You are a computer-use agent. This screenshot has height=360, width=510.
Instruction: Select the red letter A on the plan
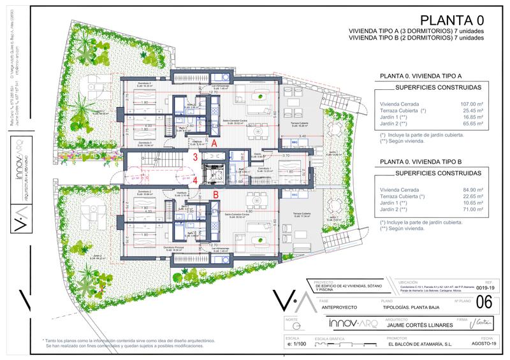(x=215, y=144)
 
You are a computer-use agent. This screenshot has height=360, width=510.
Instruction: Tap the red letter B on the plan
(x=215, y=194)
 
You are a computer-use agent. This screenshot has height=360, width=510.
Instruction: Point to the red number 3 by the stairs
(x=196, y=157)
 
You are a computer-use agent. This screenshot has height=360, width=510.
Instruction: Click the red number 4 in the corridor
(x=196, y=180)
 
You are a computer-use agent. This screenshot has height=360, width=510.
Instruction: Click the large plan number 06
(x=484, y=301)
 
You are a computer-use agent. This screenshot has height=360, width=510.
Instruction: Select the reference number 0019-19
(x=487, y=289)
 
